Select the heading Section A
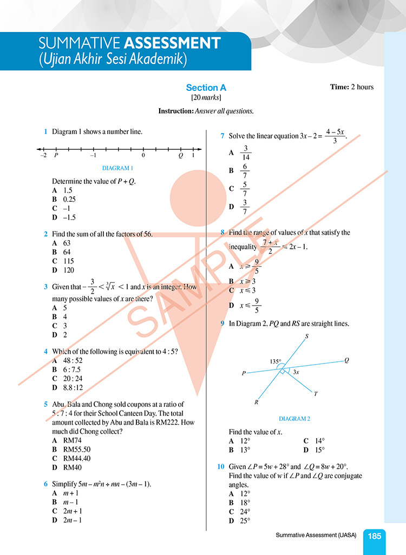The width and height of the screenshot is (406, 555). [x=206, y=88]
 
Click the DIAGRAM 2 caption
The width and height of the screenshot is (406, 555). [x=294, y=419]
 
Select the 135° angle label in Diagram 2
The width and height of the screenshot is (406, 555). [x=277, y=361]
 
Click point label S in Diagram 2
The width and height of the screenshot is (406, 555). [x=306, y=336]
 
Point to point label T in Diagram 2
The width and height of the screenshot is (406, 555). [x=316, y=394]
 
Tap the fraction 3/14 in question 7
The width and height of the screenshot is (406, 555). [x=246, y=153]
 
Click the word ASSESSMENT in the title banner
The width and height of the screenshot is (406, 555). [x=172, y=43]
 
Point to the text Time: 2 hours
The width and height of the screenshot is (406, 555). [x=351, y=87]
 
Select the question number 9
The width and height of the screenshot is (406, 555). [x=222, y=323]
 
